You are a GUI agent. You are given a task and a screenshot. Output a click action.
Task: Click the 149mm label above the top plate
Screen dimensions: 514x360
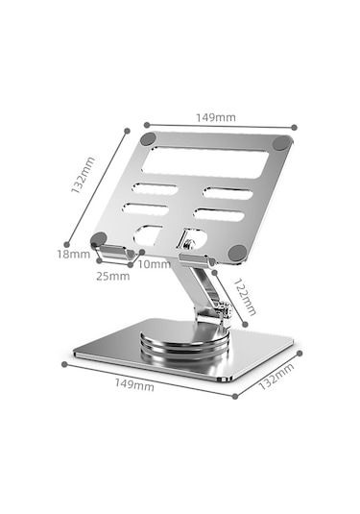217,117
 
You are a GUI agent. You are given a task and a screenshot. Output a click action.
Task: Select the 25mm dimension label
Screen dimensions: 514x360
112,276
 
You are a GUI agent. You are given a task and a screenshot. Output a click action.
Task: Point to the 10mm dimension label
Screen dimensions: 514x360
154,264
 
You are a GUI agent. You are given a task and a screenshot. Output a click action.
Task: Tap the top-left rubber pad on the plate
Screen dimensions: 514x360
148,139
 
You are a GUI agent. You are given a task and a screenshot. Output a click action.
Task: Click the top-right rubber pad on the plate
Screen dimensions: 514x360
282,143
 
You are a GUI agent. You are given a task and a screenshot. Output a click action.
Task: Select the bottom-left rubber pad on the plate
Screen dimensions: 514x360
100,240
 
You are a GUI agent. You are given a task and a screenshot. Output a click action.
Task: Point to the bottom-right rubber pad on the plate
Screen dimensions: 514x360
237,253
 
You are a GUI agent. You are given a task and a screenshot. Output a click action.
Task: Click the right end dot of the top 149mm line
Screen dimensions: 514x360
294,127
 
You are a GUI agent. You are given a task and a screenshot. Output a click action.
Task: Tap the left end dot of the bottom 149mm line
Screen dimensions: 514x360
64,364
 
